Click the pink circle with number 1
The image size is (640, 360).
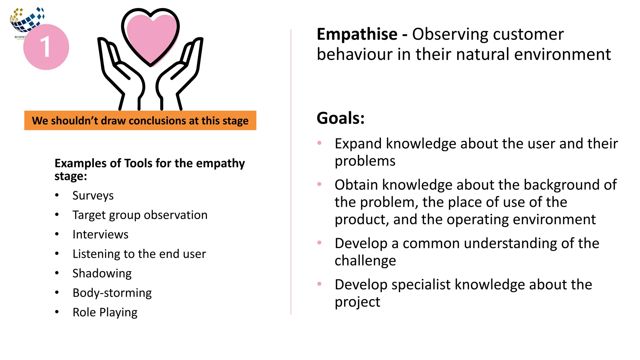[x=46, y=47]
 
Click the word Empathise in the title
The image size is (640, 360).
[x=357, y=34]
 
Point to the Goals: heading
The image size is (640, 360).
[x=340, y=118]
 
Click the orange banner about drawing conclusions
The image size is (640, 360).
[x=140, y=120]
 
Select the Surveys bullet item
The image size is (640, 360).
[x=93, y=196]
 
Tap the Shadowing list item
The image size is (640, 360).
[x=102, y=273]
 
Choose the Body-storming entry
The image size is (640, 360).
[x=112, y=293]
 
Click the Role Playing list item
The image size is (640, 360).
[x=105, y=312]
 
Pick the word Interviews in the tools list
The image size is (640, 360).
[x=100, y=234]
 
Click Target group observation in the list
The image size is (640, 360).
[x=140, y=215]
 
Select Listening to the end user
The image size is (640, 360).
[x=139, y=254]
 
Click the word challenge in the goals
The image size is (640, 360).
[x=365, y=261]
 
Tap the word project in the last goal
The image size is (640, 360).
[x=357, y=302]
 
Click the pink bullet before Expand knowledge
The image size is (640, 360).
[x=319, y=143]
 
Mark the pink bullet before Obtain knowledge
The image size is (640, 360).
[x=319, y=184]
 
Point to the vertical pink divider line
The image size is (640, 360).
[x=291, y=172]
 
